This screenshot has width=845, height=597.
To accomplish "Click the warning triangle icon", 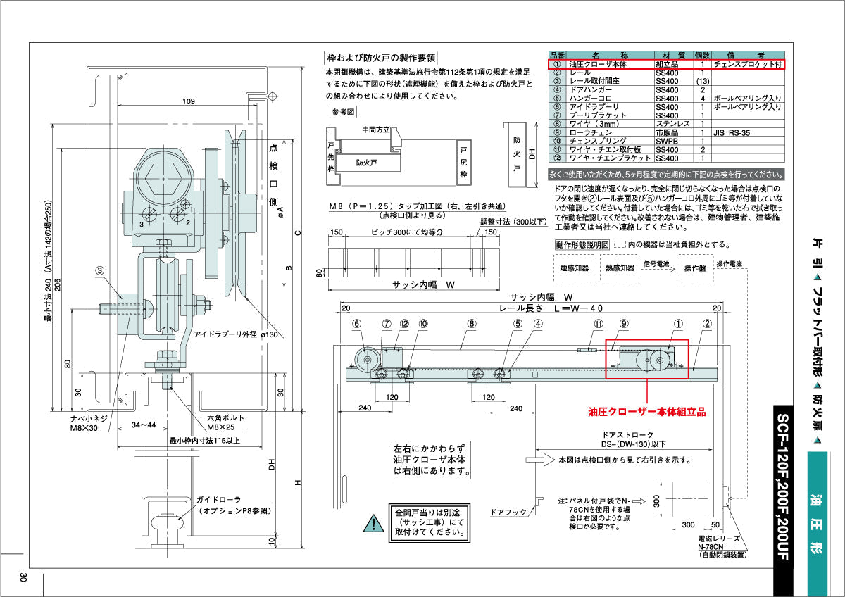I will tap(370, 522).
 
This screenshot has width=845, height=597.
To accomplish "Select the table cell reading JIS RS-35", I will tap(731, 132).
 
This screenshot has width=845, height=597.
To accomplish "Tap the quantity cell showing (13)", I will tap(702, 81).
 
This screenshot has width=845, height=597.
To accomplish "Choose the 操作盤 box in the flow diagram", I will tap(694, 268).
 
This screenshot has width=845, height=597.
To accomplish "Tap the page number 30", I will tap(23, 577).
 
